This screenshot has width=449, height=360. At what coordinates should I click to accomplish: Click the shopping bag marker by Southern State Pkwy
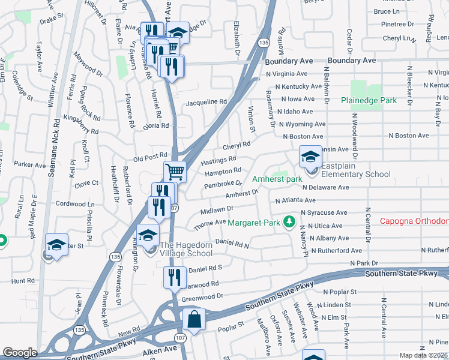[x=194, y=320]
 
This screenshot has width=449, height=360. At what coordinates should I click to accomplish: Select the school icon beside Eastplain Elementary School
[x=310, y=158]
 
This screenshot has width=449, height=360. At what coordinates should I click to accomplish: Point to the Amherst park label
[x=277, y=179]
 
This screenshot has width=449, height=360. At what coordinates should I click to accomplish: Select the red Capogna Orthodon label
[x=414, y=221]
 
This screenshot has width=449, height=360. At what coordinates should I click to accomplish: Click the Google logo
[x=20, y=353]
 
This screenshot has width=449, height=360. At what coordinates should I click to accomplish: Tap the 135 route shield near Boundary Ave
[x=263, y=43]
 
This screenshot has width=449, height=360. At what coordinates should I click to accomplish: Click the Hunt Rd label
[x=23, y=280]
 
